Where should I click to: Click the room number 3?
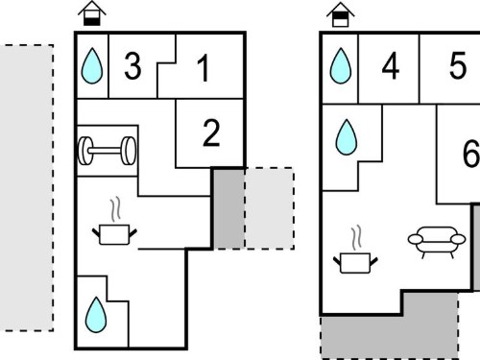click(x=132, y=66)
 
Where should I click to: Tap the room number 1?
click(x=204, y=68)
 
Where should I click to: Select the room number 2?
click(x=211, y=132)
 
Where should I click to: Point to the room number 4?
click(x=391, y=66)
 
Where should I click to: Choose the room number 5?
click(x=458, y=66)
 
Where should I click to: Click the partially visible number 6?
click(x=471, y=153)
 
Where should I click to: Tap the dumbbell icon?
click(x=108, y=151)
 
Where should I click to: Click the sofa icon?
click(x=437, y=242)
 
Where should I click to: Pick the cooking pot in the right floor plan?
click(x=355, y=250)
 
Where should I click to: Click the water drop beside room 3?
click(x=92, y=66)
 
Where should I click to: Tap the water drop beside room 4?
click(x=341, y=66)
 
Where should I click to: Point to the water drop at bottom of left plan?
click(x=96, y=315)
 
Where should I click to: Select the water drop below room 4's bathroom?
click(x=347, y=137)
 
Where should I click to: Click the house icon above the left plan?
click(x=92, y=13)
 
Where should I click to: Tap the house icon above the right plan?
click(x=341, y=14)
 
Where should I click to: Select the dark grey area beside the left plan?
click(x=229, y=208)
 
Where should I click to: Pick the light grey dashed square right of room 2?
click(x=270, y=208)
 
